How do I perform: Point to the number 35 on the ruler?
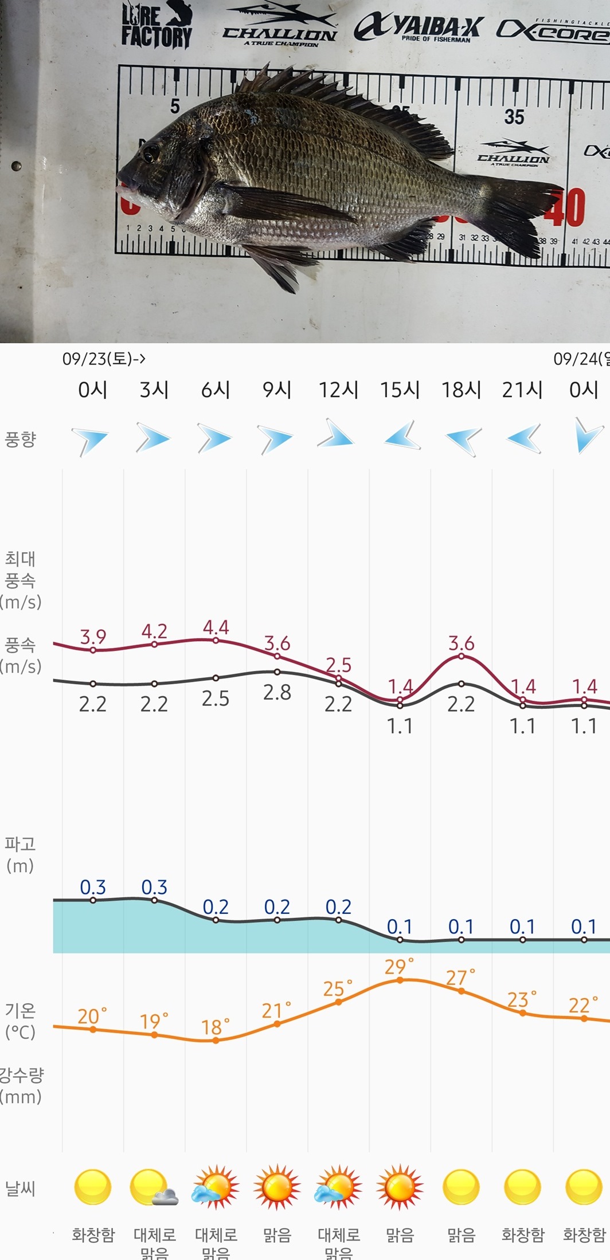[x=514, y=117]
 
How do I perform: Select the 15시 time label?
[x=400, y=390]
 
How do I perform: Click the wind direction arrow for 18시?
[x=462, y=439]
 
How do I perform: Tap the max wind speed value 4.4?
[x=216, y=627]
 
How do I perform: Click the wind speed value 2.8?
[x=277, y=692]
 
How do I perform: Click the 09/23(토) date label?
[x=103, y=359]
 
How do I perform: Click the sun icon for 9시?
[x=277, y=1187]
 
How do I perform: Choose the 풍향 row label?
[x=20, y=439]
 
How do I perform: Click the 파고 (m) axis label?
[x=20, y=854]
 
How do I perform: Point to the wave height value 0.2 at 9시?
[x=277, y=907]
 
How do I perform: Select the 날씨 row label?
[x=20, y=1188]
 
